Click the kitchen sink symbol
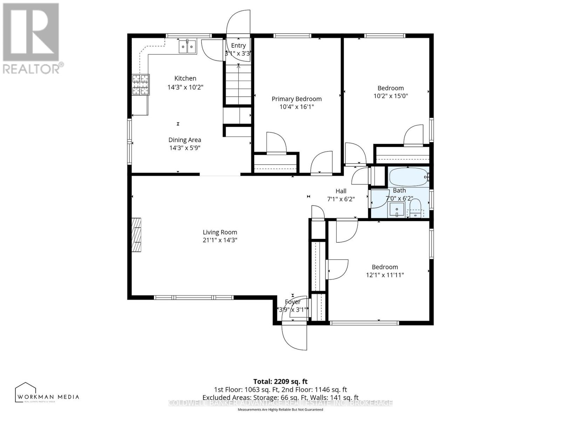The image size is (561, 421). pyautogui.click(x=188, y=47)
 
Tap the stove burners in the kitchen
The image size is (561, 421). pyautogui.click(x=141, y=85)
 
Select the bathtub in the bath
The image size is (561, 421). pyautogui.click(x=407, y=177)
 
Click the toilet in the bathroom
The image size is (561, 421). pyautogui.click(x=415, y=208)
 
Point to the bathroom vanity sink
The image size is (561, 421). pyautogui.click(x=397, y=210)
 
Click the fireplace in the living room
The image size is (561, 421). pyautogui.click(x=136, y=234)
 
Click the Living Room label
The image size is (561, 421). pyautogui.click(x=220, y=232)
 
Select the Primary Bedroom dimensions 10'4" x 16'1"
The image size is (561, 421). pyautogui.click(x=296, y=107)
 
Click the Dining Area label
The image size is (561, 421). pyautogui.click(x=185, y=140)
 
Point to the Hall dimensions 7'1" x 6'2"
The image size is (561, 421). pyautogui.click(x=341, y=199)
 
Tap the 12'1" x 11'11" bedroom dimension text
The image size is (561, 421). pyautogui.click(x=385, y=275)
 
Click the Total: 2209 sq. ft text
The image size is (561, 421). pyautogui.click(x=280, y=381)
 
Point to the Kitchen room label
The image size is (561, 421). pyautogui.click(x=185, y=78)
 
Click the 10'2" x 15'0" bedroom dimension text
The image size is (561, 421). pyautogui.click(x=390, y=96)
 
